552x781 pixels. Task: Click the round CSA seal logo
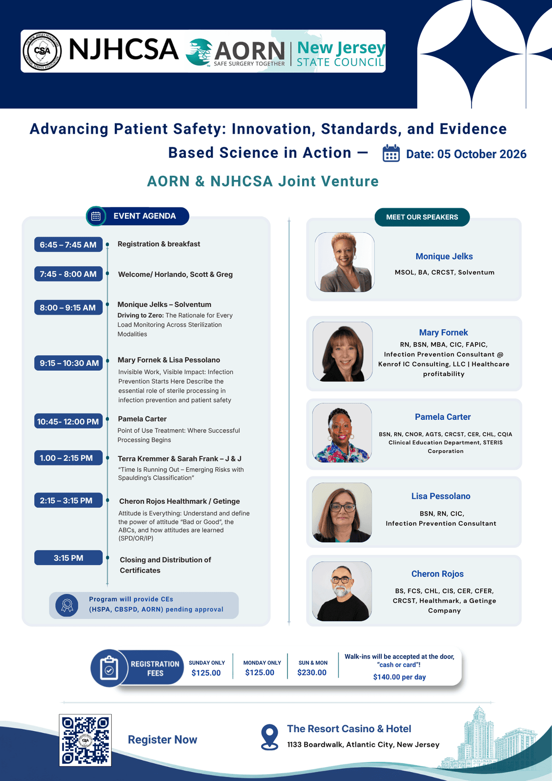pyautogui.click(x=42, y=51)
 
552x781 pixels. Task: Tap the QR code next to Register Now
pyautogui.click(x=85, y=740)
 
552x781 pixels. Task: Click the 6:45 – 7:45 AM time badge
pyautogui.click(x=68, y=245)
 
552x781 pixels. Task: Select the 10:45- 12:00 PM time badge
pyautogui.click(x=68, y=421)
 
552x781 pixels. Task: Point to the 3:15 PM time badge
pyautogui.click(x=68, y=557)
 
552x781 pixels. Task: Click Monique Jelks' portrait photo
pyautogui.click(x=345, y=262)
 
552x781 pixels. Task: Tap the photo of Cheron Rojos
pyautogui.click(x=342, y=591)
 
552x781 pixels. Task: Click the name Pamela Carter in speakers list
pyautogui.click(x=443, y=417)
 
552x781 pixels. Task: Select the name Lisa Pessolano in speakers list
pyautogui.click(x=441, y=496)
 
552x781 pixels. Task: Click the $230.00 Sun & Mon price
pyautogui.click(x=312, y=673)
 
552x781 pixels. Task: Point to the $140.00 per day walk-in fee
pyautogui.click(x=399, y=677)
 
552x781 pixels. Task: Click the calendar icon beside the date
pyautogui.click(x=391, y=153)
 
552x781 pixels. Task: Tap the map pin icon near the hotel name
pyautogui.click(x=269, y=737)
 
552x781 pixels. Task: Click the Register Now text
pyautogui.click(x=163, y=740)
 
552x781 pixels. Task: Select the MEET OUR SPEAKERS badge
pyautogui.click(x=422, y=217)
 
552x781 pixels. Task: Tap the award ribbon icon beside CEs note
pyautogui.click(x=67, y=605)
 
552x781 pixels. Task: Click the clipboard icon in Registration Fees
pyautogui.click(x=109, y=668)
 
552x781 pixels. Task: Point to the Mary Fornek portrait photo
pyautogui.click(x=343, y=351)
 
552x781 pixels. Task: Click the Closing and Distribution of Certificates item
pyautogui.click(x=165, y=565)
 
